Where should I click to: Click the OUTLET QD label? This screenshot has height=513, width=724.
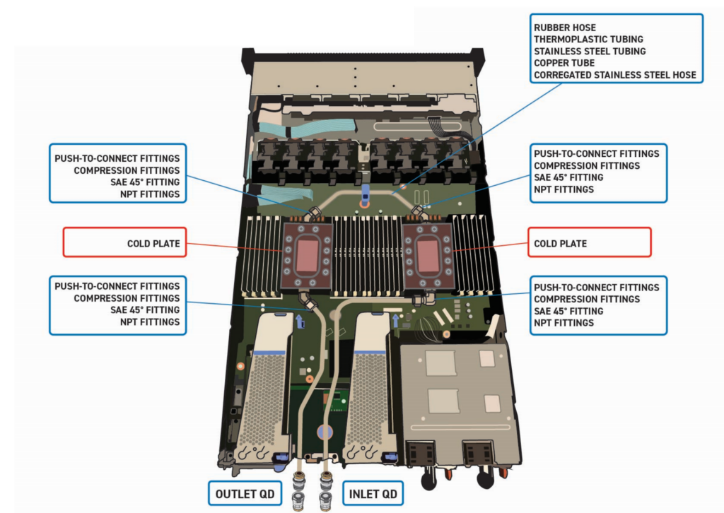click(245, 493)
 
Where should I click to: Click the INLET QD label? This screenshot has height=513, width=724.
click(373, 493)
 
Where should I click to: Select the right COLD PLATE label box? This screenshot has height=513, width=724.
click(589, 242)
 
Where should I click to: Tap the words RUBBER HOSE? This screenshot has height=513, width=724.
click(565, 28)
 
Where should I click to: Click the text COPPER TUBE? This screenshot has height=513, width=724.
click(564, 63)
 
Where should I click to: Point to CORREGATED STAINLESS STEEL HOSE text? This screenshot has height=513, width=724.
click(614, 75)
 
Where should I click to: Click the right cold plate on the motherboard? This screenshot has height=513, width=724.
click(426, 254)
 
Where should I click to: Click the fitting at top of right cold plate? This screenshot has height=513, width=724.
click(418, 211)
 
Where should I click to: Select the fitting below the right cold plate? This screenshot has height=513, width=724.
click(419, 300)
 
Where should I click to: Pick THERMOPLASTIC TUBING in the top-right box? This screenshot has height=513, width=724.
click(588, 40)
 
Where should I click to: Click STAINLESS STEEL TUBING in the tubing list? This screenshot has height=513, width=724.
click(590, 51)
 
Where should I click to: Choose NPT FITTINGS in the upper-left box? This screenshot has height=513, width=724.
click(150, 194)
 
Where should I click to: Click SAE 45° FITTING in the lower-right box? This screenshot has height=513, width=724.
click(568, 311)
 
